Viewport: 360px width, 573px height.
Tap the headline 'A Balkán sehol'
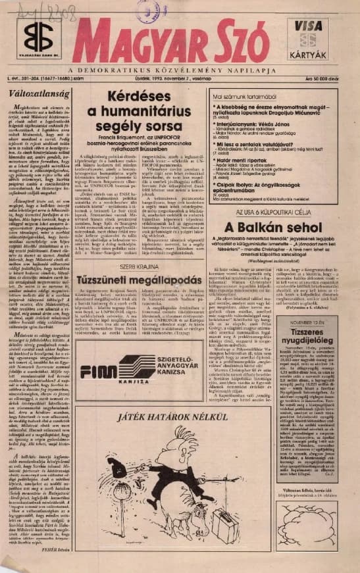tap(281, 249)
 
